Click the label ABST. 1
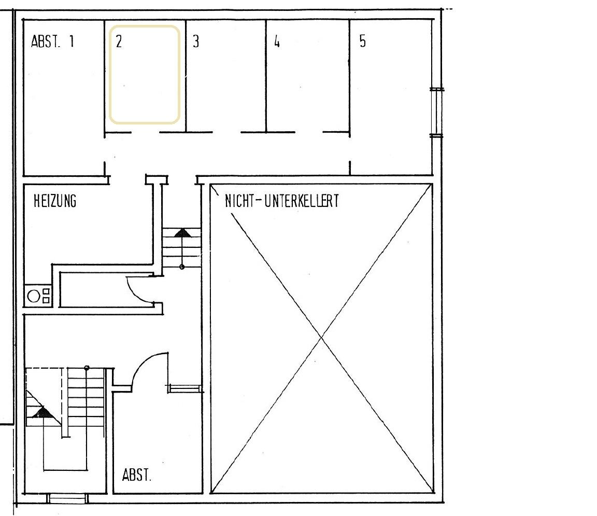click(x=52, y=41)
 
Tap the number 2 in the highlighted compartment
click(x=119, y=42)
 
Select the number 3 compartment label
click(x=195, y=41)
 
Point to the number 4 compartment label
click(x=277, y=41)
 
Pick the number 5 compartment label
click(x=362, y=41)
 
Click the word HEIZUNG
click(x=55, y=201)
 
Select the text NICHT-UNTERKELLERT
click(x=281, y=201)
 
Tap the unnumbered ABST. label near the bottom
click(x=137, y=475)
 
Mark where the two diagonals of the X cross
click(x=321, y=338)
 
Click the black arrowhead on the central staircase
click(x=181, y=233)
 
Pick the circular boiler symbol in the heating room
click(x=34, y=296)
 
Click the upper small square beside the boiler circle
click(x=46, y=292)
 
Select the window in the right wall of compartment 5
click(x=436, y=113)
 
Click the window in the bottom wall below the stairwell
click(x=68, y=499)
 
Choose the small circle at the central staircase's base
click(x=182, y=267)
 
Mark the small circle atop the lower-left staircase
click(x=87, y=368)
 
